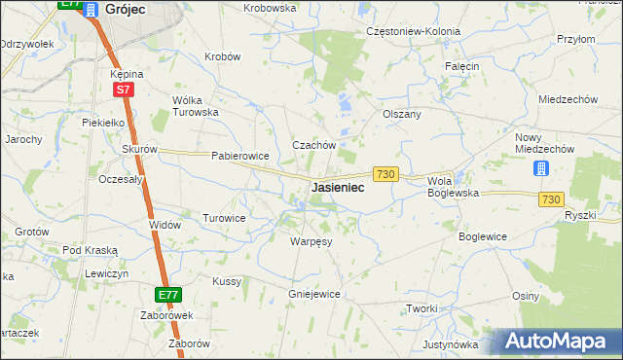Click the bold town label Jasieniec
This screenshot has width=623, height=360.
click(x=338, y=187)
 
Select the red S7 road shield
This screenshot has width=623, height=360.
click(x=123, y=90)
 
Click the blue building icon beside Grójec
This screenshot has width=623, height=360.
click(x=92, y=9)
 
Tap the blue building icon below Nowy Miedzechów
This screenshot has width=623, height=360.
click(x=541, y=168)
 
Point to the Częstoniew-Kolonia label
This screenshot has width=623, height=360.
click(x=413, y=31)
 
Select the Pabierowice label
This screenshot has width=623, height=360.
click(x=239, y=156)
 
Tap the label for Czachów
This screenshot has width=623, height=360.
click(x=313, y=145)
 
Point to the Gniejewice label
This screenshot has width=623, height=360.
click(x=313, y=293)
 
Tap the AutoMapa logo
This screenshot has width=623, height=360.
click(x=562, y=341)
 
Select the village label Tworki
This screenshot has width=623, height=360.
click(x=421, y=308)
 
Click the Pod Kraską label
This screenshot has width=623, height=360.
click(x=90, y=250)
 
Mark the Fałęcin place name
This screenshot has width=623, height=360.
click(x=462, y=66)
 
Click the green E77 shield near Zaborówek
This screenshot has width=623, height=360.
click(x=167, y=294)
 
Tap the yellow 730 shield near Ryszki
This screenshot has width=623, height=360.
click(x=551, y=198)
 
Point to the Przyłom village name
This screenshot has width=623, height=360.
click(x=575, y=39)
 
